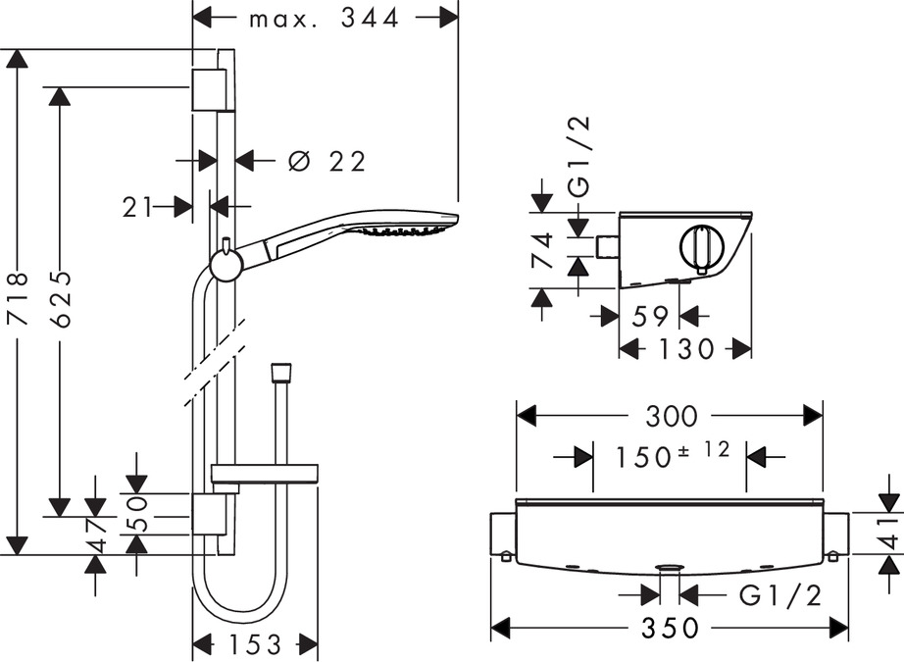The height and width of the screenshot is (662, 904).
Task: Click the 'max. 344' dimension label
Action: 324,19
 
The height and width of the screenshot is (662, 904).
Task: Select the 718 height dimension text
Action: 19,299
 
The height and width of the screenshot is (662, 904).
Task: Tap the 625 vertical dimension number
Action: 60,300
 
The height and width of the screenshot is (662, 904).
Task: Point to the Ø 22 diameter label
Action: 326,162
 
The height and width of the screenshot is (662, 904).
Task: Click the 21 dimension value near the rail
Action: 137,207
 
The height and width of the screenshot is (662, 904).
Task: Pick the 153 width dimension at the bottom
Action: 254,644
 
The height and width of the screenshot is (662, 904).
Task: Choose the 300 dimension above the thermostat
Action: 671,416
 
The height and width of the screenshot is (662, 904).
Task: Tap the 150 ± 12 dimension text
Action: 673,456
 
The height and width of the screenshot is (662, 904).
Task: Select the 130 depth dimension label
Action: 685,349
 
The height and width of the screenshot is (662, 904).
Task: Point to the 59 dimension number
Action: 650,316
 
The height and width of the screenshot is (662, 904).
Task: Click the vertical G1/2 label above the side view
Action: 579,157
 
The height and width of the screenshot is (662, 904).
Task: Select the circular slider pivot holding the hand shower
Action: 225,265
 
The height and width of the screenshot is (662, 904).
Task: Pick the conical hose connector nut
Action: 280,372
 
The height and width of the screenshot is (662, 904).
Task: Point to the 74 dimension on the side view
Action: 542,250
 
